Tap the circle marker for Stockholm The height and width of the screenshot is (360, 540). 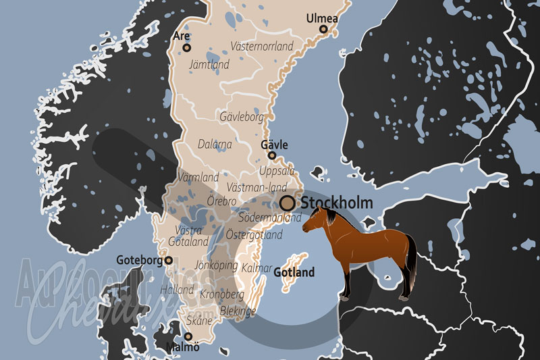pyautogui.click(x=288, y=202)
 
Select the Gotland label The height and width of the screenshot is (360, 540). pyautogui.click(x=294, y=273)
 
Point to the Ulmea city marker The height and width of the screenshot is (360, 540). pyautogui.click(x=323, y=29)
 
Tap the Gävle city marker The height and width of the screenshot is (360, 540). pyautogui.click(x=272, y=155)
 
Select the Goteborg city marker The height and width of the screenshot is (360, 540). pyautogui.click(x=169, y=260)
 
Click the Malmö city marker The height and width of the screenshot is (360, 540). pyautogui.click(x=189, y=336)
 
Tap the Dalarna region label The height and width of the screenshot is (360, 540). pyautogui.click(x=215, y=144)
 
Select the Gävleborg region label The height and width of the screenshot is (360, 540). pyautogui.click(x=242, y=117)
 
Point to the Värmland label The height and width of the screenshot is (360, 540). pyautogui.click(x=197, y=177)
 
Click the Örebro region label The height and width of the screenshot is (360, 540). pyautogui.click(x=221, y=201)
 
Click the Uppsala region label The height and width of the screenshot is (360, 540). pyautogui.click(x=277, y=170)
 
